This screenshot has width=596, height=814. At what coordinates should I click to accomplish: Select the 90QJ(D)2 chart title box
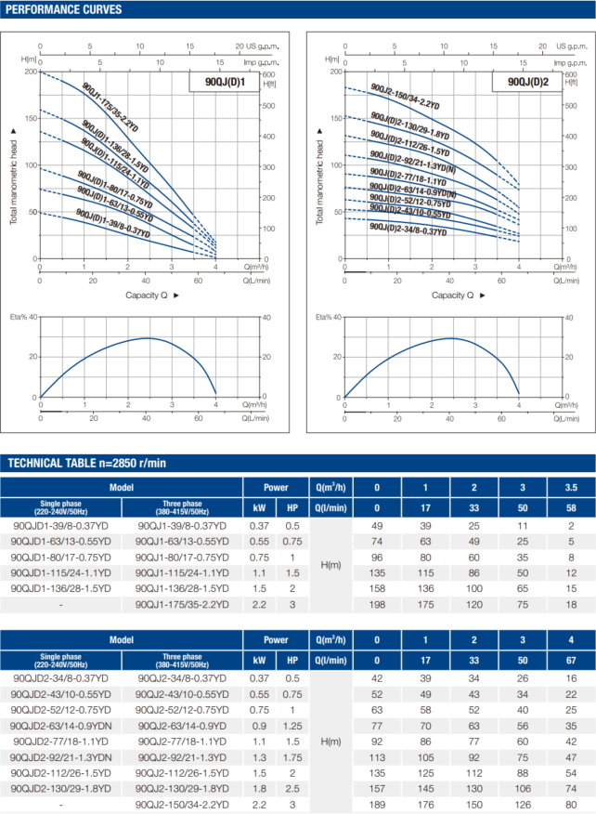(x=528, y=82)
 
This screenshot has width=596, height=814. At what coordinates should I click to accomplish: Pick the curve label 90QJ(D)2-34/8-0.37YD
(x=407, y=228)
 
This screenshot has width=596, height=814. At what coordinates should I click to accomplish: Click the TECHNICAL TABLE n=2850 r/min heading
(x=86, y=463)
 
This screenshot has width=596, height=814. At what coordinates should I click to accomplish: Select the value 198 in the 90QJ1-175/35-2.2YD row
(x=377, y=604)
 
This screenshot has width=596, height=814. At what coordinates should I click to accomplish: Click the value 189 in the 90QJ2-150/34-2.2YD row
(x=377, y=804)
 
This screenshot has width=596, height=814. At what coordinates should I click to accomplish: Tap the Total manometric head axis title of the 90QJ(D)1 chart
(x=15, y=175)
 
